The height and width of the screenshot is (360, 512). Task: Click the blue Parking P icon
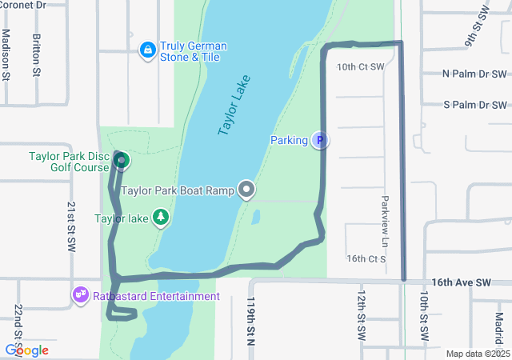pyautogui.click(x=319, y=141)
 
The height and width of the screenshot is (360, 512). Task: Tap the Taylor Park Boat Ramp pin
pyautogui.click(x=247, y=190)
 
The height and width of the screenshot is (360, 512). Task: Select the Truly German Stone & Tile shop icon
pyautogui.click(x=147, y=51)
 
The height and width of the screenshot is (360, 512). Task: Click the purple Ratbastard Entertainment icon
pyautogui.click(x=81, y=296)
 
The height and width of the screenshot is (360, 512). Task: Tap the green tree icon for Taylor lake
pyautogui.click(x=161, y=218)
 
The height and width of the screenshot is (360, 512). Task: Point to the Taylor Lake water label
pyautogui.click(x=234, y=105)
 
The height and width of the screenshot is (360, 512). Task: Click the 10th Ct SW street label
pyautogui.click(x=360, y=67)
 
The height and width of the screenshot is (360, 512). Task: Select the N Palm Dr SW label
pyautogui.click(x=475, y=74)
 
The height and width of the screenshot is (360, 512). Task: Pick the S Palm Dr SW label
pyautogui.click(x=475, y=105)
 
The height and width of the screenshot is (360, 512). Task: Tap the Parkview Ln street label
pyautogui.click(x=385, y=210)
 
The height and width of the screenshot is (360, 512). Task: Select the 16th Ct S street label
pyautogui.click(x=366, y=258)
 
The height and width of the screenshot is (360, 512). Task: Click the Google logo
pyautogui.click(x=26, y=350)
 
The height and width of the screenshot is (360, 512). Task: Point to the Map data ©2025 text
pyautogui.click(x=477, y=354)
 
